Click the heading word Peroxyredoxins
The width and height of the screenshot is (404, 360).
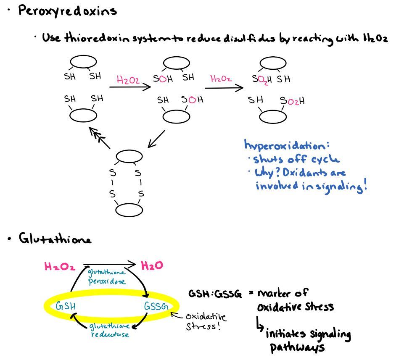point(67,11)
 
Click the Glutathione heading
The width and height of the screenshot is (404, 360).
point(55,239)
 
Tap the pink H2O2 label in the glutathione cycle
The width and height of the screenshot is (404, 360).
point(60,266)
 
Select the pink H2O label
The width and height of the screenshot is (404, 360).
point(152,266)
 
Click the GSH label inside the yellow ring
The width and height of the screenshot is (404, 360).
point(66,306)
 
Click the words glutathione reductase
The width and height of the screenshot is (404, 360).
point(109,330)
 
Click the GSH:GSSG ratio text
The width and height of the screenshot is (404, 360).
point(215,294)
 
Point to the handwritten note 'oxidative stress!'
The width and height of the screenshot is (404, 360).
point(206,321)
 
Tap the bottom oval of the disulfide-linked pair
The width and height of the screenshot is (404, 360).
point(129,210)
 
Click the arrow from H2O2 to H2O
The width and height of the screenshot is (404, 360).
point(110,265)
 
